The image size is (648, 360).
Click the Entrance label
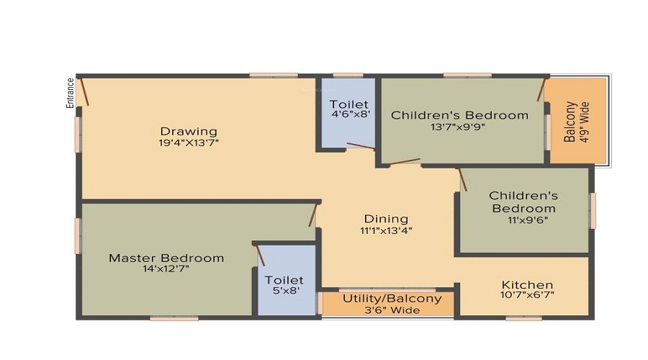point(71,93)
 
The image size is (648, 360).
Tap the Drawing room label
point(189,132)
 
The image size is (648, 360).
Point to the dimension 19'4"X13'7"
point(189,143)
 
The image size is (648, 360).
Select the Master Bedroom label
point(166,258)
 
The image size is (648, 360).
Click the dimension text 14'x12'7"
point(166,269)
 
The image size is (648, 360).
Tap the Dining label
point(386,219)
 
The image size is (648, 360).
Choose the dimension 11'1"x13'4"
point(386,230)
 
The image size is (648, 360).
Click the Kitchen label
point(527,285)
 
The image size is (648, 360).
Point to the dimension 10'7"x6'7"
point(527,294)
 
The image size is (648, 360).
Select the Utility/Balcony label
point(392,298)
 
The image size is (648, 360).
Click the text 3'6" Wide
point(392,310)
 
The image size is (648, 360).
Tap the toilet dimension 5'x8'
point(286,291)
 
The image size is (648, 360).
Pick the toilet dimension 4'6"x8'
point(351,114)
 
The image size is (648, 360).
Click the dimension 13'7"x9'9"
point(457,127)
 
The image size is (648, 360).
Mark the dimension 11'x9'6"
point(528,220)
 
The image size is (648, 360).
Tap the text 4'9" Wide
point(585,122)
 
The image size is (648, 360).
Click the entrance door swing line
point(84,91)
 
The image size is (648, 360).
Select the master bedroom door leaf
point(313,215)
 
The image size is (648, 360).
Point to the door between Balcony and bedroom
point(541,90)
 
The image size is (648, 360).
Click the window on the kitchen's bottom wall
point(523,319)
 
